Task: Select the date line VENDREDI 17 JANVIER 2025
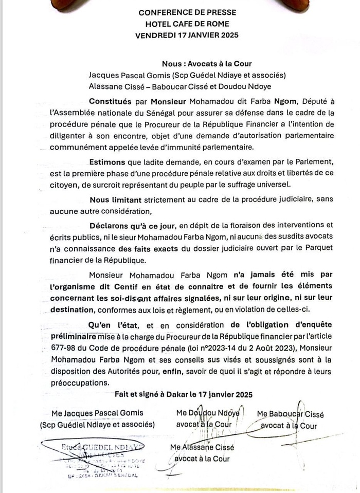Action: coord(187,35)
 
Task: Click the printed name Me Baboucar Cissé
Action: coord(290,414)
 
